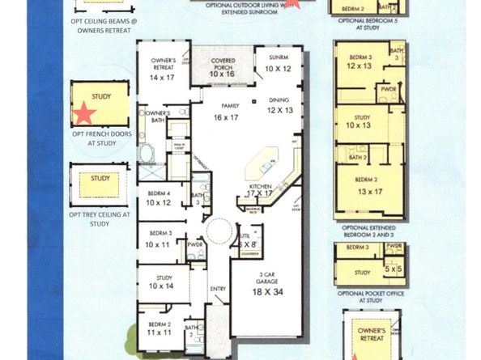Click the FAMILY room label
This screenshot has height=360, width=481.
[x=230, y=106]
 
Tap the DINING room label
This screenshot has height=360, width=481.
[x=279, y=100]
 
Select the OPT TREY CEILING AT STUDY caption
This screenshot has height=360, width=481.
[x=99, y=218]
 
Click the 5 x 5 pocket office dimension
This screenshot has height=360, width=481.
[x=393, y=268]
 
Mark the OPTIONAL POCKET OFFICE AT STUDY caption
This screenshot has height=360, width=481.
[x=370, y=296]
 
